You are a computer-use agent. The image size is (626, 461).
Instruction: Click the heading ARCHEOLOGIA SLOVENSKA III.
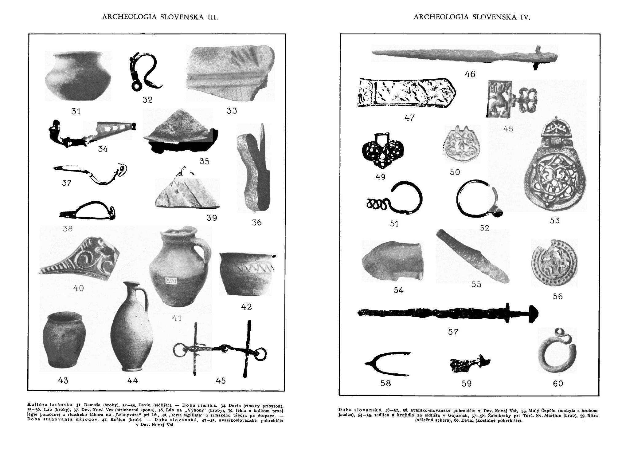[x=160, y=17]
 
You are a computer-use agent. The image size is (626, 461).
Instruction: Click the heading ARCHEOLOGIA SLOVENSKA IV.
[x=472, y=17]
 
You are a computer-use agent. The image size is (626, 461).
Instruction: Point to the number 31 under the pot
[x=76, y=111]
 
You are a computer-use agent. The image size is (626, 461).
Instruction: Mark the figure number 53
[x=555, y=220]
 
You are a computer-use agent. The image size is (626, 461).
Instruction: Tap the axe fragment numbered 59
[x=468, y=365]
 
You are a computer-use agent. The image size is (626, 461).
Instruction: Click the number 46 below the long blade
[x=470, y=74]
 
